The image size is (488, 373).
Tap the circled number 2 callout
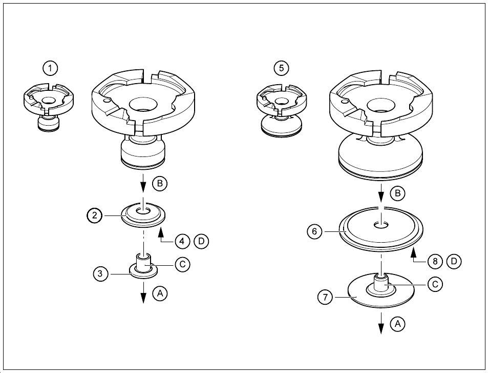coord(95,216)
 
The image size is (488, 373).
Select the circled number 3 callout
coord(101,274)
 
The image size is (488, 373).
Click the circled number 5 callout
coord(281,67)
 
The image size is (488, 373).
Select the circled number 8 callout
coord(435,261)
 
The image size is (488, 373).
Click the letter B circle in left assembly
coord(160,183)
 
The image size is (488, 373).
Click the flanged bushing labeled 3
coord(142,266)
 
